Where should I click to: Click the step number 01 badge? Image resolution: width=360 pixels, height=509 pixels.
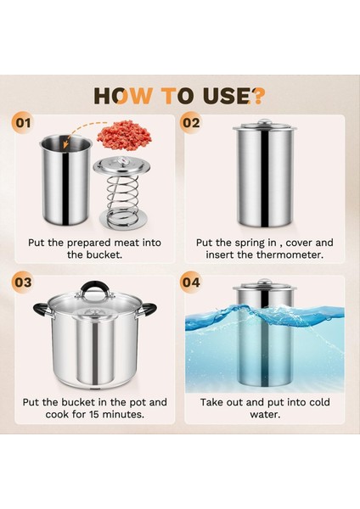click(24, 123)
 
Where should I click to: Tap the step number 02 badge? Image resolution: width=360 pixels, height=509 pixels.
click(191, 123)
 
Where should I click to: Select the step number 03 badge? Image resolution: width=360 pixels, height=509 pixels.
click(24, 282)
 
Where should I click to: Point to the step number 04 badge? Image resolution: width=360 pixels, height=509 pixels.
click(191, 282)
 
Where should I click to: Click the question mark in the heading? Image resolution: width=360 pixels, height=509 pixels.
click(258, 96)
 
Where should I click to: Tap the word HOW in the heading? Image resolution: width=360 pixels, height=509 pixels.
click(123, 96)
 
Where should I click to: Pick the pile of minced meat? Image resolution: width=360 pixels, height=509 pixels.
click(125, 135)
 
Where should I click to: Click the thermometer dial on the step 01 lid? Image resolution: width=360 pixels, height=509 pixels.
click(122, 160)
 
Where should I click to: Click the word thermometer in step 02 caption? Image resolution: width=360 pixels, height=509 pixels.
click(290, 255)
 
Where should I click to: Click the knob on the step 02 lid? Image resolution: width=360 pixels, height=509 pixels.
click(265, 122)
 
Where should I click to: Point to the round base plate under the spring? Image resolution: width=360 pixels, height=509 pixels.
click(123, 220)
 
